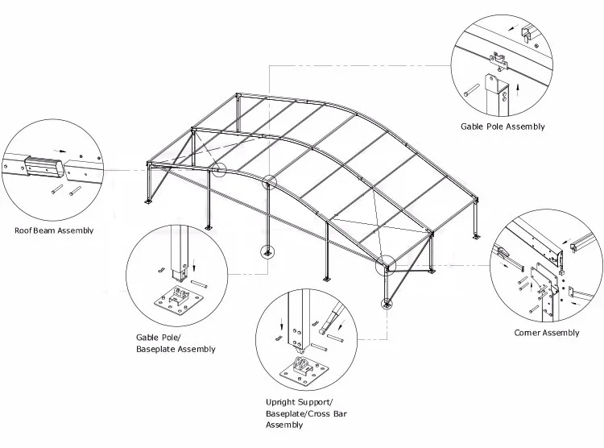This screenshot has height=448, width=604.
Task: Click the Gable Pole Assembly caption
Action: click(x=503, y=127)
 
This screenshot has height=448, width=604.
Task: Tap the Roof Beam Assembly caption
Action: click(x=54, y=230)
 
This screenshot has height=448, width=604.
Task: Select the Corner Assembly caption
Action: click(x=546, y=333)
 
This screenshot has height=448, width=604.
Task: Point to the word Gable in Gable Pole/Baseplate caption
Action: click(x=147, y=338)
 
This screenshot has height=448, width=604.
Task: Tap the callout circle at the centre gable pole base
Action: click(x=266, y=253)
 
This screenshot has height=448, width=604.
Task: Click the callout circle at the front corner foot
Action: click(x=387, y=304)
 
